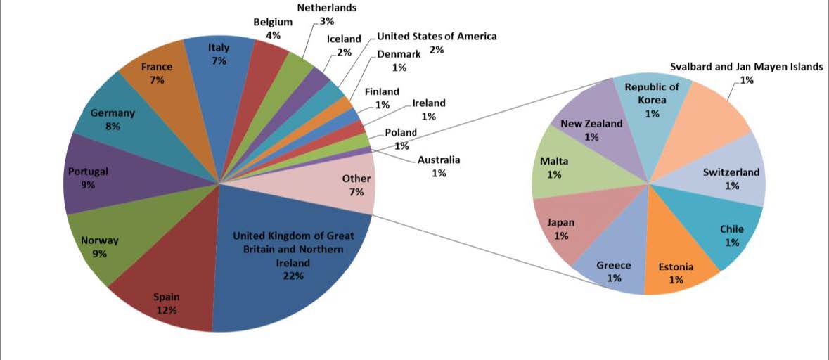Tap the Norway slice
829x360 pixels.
(105, 243)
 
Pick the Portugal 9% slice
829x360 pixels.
(95, 179)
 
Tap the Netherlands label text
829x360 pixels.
(326, 8)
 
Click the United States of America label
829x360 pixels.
(437, 36)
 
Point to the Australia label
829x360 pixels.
(439, 160)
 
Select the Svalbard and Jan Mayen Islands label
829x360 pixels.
(745, 67)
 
